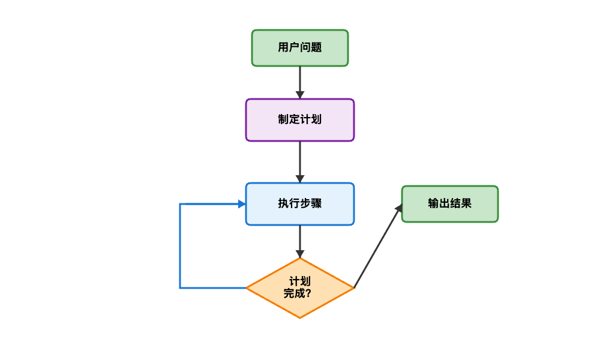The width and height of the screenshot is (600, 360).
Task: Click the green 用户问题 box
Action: click(x=300, y=48)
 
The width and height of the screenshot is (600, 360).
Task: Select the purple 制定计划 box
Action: click(x=300, y=120)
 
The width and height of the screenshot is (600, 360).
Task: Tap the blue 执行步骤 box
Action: click(x=300, y=204)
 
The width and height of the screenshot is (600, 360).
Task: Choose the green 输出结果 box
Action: click(x=450, y=204)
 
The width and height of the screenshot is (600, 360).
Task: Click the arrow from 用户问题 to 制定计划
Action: click(x=300, y=81)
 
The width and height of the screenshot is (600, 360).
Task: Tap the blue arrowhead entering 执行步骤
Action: click(x=242, y=204)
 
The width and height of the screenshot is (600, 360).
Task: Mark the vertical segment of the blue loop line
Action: click(x=180, y=246)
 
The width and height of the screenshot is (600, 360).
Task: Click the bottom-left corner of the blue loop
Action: click(x=180, y=288)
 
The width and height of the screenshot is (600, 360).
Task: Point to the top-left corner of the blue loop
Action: click(x=180, y=204)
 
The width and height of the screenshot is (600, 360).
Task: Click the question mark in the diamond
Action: click(x=308, y=294)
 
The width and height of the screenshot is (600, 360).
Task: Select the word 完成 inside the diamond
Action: click(x=294, y=294)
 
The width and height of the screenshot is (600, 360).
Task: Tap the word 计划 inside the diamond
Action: click(x=300, y=281)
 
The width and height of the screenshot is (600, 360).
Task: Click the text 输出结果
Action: click(x=450, y=203)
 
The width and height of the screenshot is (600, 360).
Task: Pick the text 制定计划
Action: click(x=300, y=119)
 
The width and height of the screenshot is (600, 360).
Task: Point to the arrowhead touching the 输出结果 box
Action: click(x=398, y=208)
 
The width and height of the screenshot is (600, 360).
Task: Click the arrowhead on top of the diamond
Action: click(x=300, y=254)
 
